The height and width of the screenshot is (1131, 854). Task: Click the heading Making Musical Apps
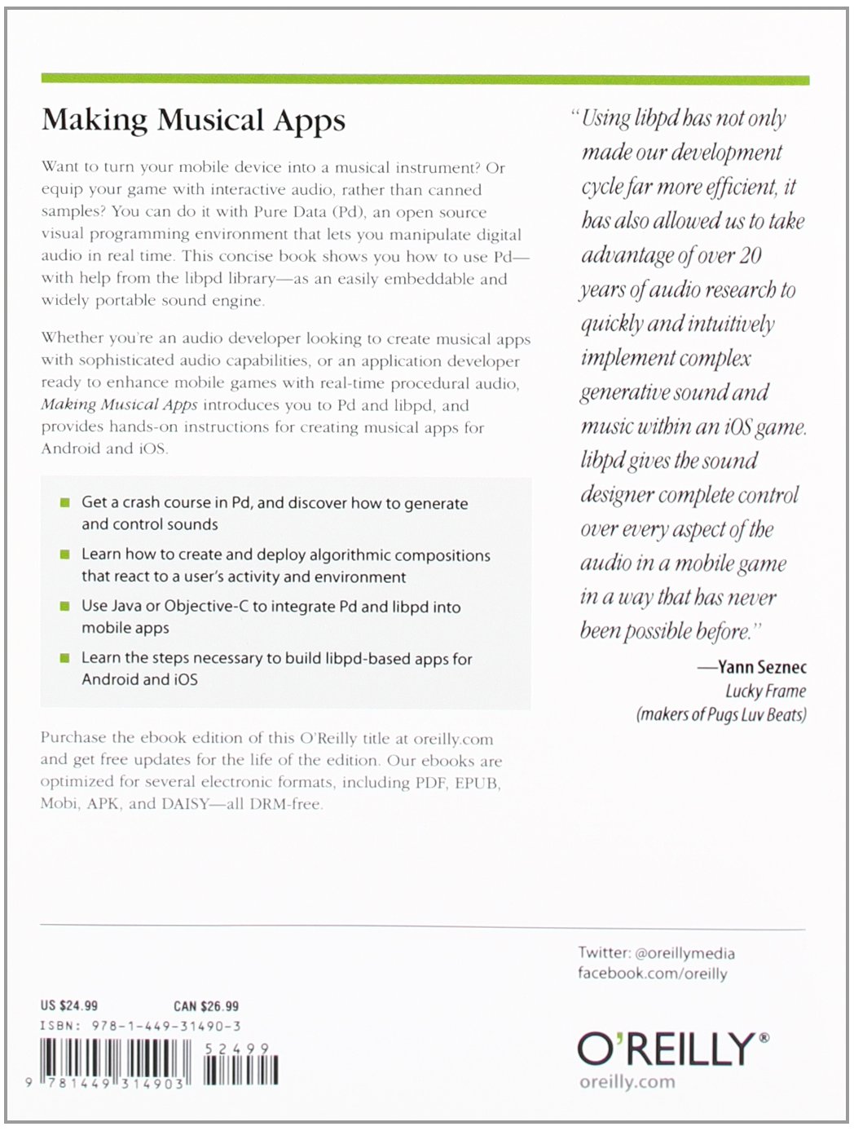pos(193,121)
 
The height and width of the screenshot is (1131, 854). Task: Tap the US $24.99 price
pos(69,1005)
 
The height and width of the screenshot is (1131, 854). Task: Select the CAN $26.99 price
pos(206,1005)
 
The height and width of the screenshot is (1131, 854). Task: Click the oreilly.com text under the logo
pos(627,1082)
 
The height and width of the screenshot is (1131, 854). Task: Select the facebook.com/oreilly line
pos(652,973)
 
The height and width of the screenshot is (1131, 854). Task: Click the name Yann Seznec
pos(762,667)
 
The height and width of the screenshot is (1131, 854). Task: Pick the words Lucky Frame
pos(765,691)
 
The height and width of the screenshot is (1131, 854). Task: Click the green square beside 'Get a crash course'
pos(65,502)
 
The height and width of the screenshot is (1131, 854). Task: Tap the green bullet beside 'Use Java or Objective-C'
pos(65,606)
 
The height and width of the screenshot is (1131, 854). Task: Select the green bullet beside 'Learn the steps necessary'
pos(65,658)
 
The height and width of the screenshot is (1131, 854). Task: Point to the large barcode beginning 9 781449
pos(114,1063)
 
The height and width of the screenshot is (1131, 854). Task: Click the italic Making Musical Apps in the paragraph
pos(119,405)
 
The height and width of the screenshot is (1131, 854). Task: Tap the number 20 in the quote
pos(750,256)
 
